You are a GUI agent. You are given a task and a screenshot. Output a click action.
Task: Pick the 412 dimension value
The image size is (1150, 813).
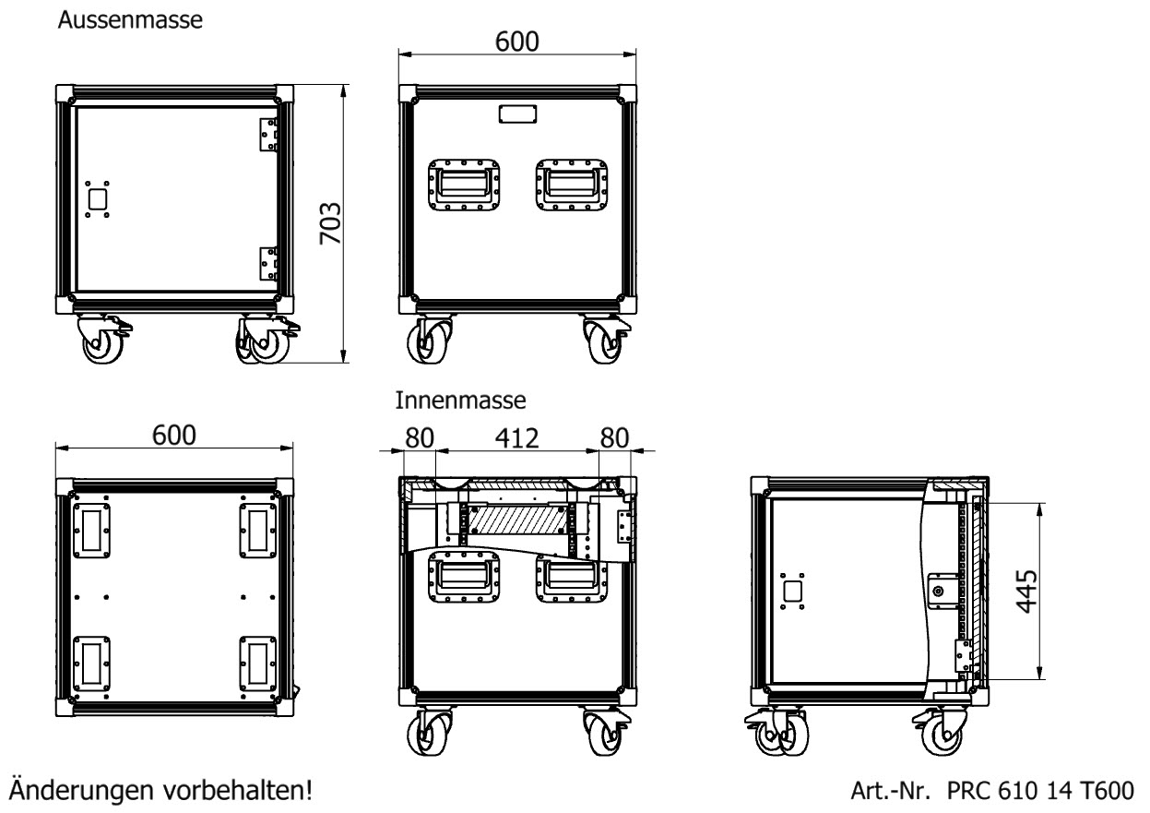pos(516,437)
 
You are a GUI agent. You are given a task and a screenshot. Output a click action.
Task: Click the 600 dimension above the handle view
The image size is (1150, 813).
pos(516,42)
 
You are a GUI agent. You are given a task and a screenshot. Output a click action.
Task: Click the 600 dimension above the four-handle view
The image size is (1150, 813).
pos(172,437)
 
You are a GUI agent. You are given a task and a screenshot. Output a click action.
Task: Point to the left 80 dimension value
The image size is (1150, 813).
pos(420,437)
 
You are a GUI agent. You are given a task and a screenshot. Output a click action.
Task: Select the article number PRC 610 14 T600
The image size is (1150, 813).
pos(1032,792)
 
